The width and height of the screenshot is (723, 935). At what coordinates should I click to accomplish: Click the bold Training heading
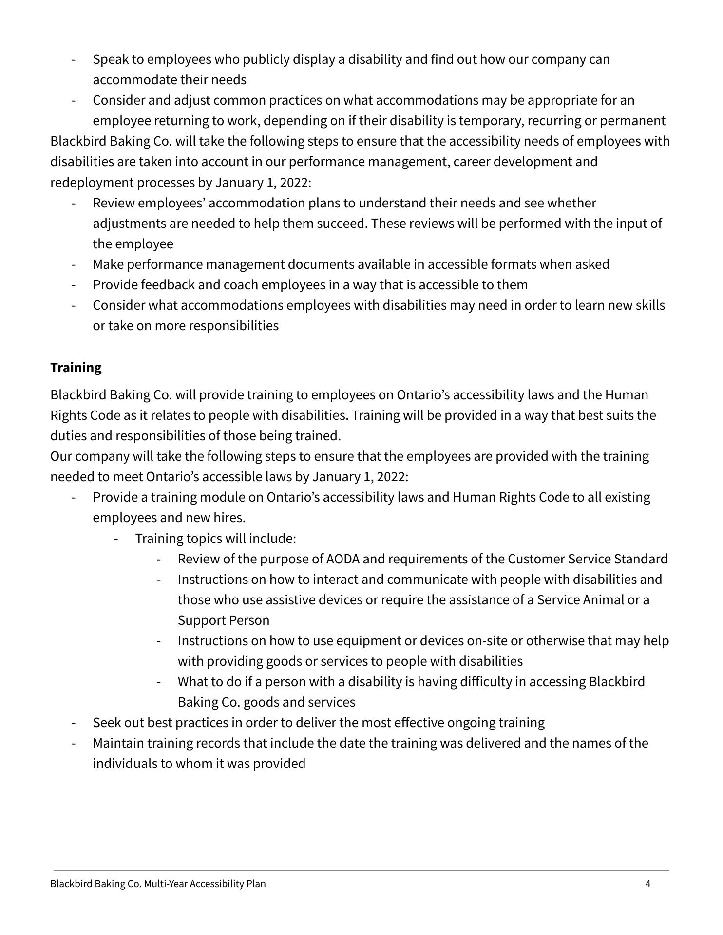tap(76, 368)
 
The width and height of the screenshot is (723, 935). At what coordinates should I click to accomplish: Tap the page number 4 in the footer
tap(647, 884)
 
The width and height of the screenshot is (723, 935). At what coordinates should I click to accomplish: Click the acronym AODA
tap(342, 559)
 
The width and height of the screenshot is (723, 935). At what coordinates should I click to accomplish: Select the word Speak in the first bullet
tap(111, 59)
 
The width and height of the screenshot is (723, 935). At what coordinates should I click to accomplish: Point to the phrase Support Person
tap(224, 620)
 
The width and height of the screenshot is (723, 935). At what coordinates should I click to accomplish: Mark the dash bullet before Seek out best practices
tap(73, 723)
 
